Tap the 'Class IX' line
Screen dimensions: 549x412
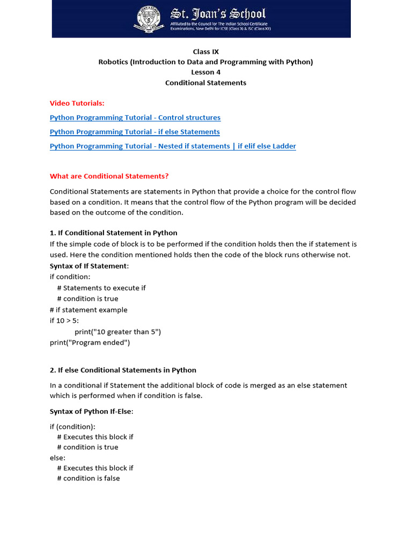[x=205, y=51]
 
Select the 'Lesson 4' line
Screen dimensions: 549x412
[x=205, y=72]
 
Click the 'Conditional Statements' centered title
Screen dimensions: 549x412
[x=205, y=83]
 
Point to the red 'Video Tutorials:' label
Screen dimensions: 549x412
[x=77, y=103]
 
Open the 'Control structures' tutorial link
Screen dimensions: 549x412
[x=135, y=117]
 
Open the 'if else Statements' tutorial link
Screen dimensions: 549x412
[x=135, y=132]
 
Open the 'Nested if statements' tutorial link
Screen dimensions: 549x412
[x=173, y=146]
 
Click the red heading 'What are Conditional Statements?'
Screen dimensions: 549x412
[x=109, y=176]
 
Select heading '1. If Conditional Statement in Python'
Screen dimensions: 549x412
[x=114, y=233]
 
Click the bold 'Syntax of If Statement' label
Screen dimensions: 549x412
[x=89, y=266]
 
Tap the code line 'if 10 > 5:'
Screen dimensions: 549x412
[x=64, y=321]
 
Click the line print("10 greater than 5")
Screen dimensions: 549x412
[x=118, y=331]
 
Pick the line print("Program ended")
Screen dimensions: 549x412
[x=90, y=342]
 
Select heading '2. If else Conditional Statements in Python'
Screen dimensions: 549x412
[x=123, y=370]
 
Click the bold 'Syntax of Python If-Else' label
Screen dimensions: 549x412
[x=91, y=411]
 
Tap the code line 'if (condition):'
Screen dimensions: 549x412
[x=72, y=426]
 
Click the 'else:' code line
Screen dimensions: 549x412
[x=57, y=457]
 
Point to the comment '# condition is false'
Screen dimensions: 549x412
[x=89, y=478]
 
